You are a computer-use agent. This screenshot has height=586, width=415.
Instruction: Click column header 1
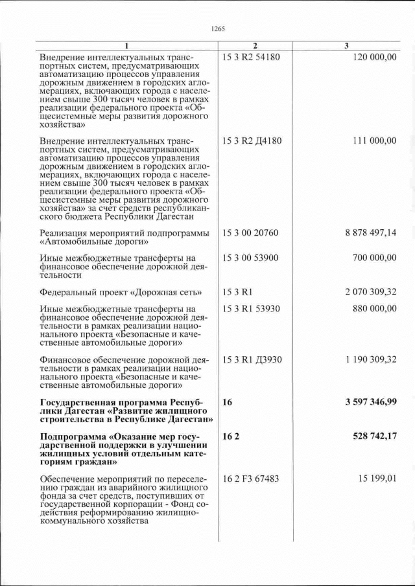coord(127,45)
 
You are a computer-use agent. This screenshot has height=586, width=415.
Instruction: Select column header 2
coord(255,45)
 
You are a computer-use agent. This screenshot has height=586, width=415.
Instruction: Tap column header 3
coord(347,45)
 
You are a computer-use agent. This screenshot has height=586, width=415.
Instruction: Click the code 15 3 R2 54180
coord(251,58)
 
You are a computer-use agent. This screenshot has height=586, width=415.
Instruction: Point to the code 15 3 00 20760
coord(250,232)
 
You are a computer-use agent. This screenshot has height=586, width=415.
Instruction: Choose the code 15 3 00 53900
coord(250,258)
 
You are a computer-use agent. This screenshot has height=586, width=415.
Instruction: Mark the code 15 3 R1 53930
coord(251,308)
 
